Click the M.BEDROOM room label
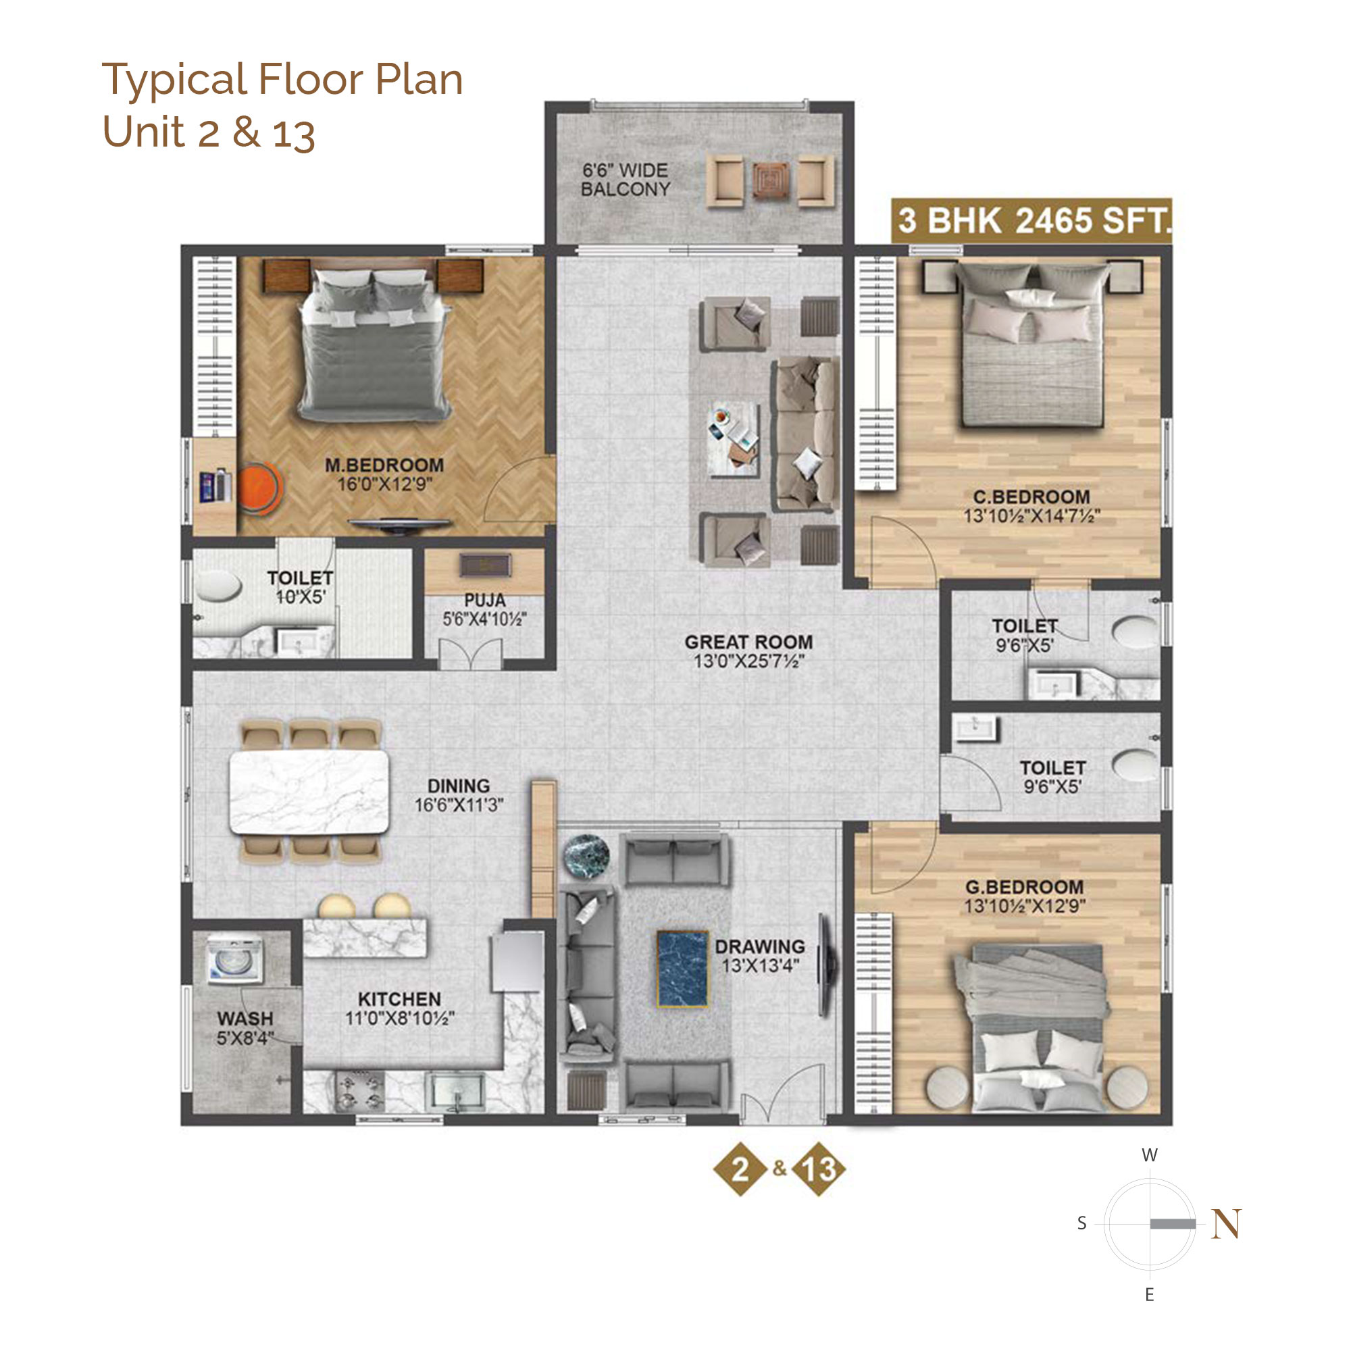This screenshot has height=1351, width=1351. click(384, 465)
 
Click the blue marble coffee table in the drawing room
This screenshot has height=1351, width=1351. click(682, 969)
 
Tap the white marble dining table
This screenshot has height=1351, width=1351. click(309, 792)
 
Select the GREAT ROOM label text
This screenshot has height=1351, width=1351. click(748, 642)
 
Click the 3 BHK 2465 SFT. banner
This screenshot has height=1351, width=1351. click(1031, 220)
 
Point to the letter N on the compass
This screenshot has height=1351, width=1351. click(1227, 1224)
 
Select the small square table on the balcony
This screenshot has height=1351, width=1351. click(771, 180)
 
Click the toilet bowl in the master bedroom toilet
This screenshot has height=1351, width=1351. click(218, 585)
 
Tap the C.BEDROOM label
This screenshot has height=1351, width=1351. click(1031, 496)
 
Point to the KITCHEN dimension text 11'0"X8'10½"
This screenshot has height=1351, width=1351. click(399, 1019)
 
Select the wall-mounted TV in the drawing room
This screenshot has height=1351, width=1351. click(827, 966)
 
